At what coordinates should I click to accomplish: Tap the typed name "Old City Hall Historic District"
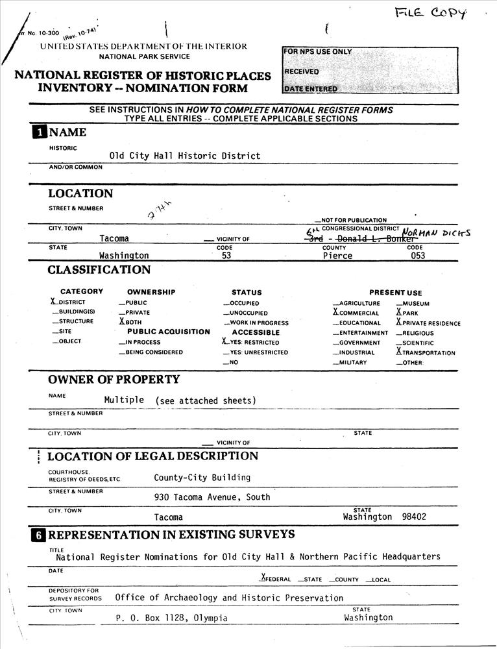pyautogui.click(x=185, y=156)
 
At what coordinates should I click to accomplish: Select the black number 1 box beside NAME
pyautogui.click(x=40, y=133)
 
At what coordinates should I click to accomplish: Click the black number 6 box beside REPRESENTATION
pyautogui.click(x=40, y=535)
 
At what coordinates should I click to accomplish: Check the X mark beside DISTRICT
pyautogui.click(x=53, y=302)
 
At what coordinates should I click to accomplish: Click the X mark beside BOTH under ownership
pyautogui.click(x=121, y=321)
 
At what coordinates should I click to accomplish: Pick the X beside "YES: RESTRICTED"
pyautogui.click(x=224, y=341)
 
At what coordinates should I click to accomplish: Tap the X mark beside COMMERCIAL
pyautogui.click(x=335, y=312)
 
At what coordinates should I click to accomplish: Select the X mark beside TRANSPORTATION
pyautogui.click(x=399, y=352)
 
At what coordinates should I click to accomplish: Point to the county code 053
pyautogui.click(x=417, y=256)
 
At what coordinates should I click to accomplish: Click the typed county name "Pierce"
pyautogui.click(x=337, y=256)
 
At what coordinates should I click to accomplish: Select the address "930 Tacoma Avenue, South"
pyautogui.click(x=212, y=497)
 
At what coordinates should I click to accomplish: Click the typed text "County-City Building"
pyautogui.click(x=202, y=478)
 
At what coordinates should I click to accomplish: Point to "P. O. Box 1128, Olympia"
pyautogui.click(x=171, y=618)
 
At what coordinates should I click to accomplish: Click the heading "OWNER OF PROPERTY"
pyautogui.click(x=114, y=379)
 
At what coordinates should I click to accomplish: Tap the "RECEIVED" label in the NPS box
pyautogui.click(x=302, y=71)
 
